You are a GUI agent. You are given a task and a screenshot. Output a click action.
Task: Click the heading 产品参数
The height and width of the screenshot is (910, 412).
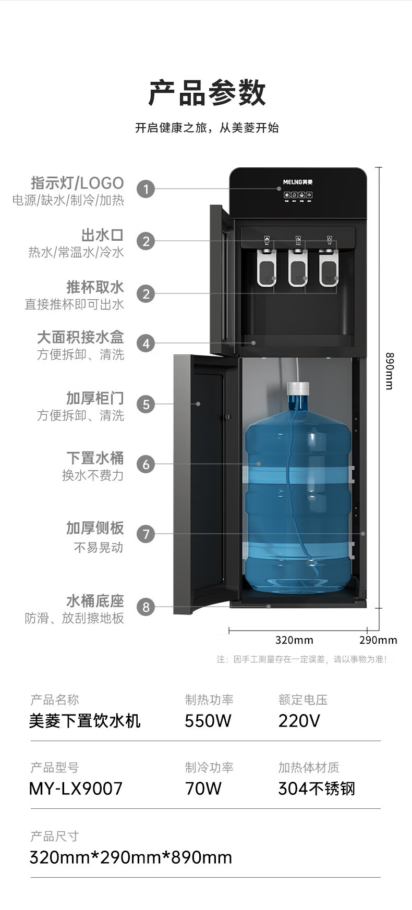pos(207,93)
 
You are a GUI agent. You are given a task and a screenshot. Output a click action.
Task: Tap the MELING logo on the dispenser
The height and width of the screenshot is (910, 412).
pos(298,182)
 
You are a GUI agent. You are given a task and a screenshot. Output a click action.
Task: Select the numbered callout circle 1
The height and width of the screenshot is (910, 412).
pos(146,189)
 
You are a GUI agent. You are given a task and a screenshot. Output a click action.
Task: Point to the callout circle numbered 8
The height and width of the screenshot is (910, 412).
pos(146,607)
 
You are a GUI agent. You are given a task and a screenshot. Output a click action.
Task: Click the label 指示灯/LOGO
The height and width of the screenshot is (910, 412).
pos(77,183)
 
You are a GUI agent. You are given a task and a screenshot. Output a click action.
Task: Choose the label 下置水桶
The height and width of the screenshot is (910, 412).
pos(95,458)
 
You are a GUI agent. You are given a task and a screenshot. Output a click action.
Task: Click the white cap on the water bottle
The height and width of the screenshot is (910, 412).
pos(298,388)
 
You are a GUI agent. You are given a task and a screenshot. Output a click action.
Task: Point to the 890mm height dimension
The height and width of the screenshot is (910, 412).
pos(389,371)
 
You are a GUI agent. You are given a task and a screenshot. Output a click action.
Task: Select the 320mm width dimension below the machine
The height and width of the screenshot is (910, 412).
pos(294,640)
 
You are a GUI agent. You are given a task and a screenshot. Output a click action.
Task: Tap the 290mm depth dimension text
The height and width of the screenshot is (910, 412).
pos(378,640)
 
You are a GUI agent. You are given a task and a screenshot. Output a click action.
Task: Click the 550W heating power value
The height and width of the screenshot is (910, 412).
pos(208,721)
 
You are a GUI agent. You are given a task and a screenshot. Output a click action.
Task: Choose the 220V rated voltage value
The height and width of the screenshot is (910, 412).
pos(299,721)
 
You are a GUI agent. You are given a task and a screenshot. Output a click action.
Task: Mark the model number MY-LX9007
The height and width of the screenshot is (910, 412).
pos(76,789)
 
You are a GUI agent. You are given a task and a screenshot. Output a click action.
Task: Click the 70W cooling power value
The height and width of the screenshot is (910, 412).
pos(203,789)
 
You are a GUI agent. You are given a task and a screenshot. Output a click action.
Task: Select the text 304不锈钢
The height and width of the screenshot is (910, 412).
pos(317,789)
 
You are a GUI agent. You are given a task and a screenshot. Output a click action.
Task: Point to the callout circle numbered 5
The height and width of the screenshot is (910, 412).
pos(146,404)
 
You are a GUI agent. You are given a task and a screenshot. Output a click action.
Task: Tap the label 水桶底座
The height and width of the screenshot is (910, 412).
pos(95,601)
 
